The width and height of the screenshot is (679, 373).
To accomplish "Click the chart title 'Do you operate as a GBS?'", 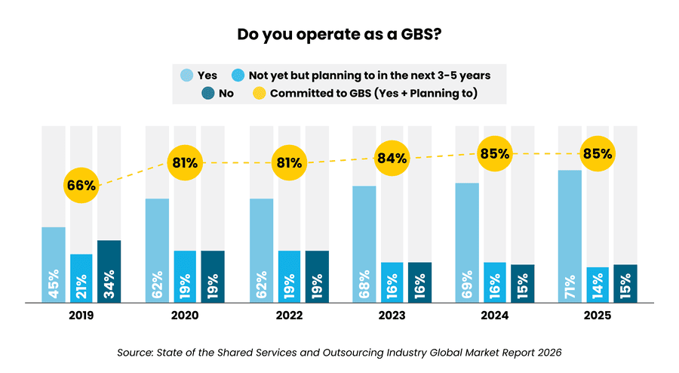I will coord(339,34).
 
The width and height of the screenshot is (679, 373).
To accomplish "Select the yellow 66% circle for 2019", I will coord(81,185).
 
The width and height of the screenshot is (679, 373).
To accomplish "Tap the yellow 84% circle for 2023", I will coord(392,159).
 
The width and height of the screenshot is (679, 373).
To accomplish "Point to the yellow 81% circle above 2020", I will coord(185,162).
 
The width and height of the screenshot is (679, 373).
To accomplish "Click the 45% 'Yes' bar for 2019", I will coord(53,264).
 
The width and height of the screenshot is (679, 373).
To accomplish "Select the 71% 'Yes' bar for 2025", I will coord(570,236).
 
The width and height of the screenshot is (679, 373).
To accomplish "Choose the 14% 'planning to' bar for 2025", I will coord(598,285).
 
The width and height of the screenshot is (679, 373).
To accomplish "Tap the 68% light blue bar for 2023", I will coord(364,244).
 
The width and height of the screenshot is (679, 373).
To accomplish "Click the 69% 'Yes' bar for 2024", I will coord(467,242).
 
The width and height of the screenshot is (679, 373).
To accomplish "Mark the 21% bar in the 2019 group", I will coord(81,278).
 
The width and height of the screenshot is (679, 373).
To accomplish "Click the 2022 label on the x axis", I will coord(288,316).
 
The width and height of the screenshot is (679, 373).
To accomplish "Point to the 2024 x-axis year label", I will coord(495,316).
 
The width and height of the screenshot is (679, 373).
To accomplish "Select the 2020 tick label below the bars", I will coord(185,316).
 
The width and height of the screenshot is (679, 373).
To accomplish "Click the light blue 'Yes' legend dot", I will coord(186,75).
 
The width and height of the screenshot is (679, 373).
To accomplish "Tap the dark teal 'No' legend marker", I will coord(209,94).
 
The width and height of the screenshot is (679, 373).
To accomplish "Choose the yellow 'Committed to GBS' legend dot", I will coord(259,94).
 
